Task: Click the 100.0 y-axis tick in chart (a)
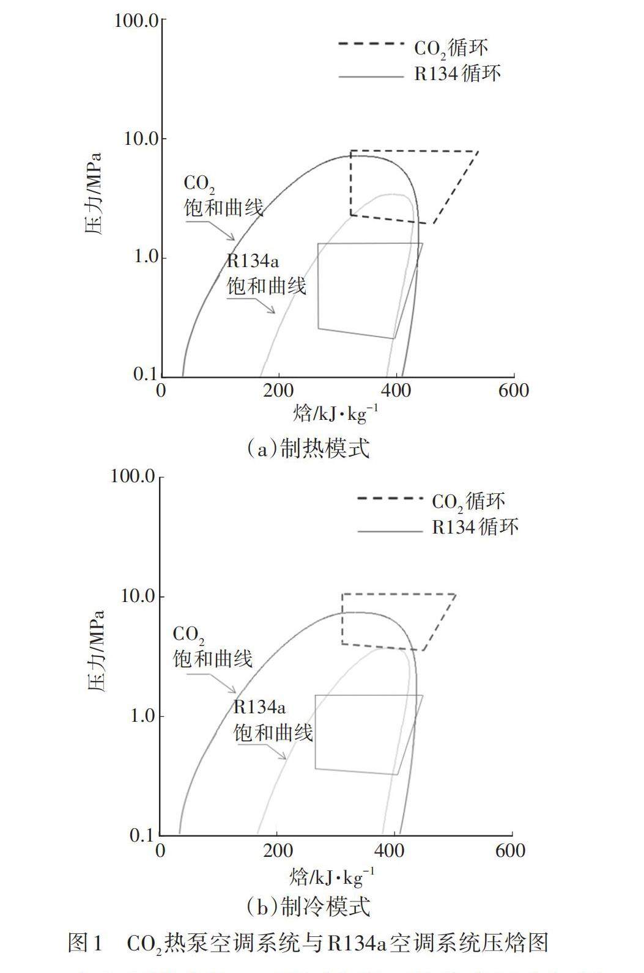point(136,21)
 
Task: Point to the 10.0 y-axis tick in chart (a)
point(140,139)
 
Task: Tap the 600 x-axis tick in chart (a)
point(513,390)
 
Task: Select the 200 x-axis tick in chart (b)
point(278,850)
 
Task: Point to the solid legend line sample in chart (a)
point(371,77)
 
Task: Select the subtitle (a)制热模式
point(308,449)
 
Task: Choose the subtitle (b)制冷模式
point(308,906)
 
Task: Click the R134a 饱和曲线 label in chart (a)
point(266,274)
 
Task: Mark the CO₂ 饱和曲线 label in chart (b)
point(212,647)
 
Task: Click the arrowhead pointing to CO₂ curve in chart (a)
point(232,238)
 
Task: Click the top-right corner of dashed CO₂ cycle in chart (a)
point(478,151)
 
